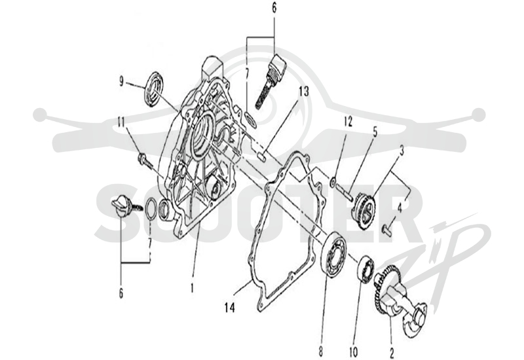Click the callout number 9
(x=121, y=81)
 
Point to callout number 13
(x=304, y=92)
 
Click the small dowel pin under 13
(x=261, y=156)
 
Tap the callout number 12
(x=348, y=122)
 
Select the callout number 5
(x=375, y=132)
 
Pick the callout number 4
(x=400, y=209)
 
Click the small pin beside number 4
(x=386, y=230)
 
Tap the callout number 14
(x=230, y=307)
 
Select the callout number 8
(x=321, y=351)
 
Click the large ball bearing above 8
(x=332, y=255)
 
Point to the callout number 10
(x=353, y=351)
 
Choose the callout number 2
(x=392, y=351)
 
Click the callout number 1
(x=192, y=288)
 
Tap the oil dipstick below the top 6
(x=270, y=81)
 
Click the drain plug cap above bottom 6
(x=121, y=206)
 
